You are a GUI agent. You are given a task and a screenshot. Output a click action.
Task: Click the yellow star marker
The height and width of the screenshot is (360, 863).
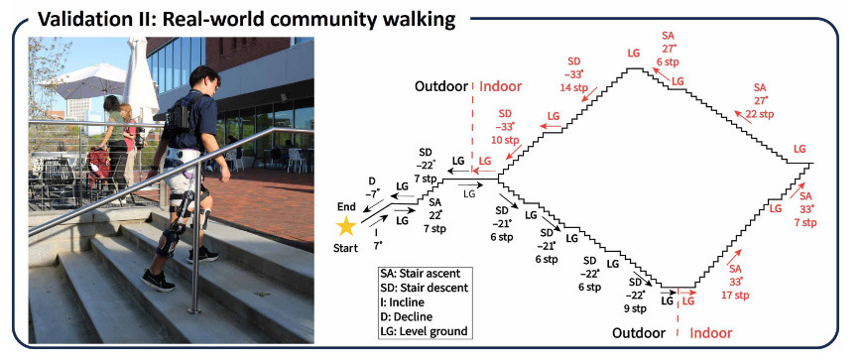click(346, 226)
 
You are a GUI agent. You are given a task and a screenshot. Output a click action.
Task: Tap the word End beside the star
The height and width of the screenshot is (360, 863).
click(345, 208)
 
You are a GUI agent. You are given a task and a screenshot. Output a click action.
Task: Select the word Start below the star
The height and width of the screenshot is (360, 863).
click(345, 248)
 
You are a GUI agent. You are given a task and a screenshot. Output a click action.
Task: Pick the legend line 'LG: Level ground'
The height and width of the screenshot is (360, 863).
click(424, 331)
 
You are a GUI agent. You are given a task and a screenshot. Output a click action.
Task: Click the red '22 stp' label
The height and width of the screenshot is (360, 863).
click(760, 114)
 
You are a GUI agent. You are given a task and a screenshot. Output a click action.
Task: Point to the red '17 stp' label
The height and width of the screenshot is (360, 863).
click(736, 296)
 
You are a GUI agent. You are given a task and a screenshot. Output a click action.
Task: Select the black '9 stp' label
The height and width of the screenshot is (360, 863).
click(635, 308)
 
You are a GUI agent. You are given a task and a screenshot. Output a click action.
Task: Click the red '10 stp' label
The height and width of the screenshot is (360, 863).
click(505, 140)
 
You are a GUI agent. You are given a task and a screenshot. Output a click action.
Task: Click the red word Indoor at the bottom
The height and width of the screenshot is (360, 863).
click(711, 333)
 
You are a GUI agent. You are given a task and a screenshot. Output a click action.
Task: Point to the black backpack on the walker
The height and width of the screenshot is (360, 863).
click(180, 117)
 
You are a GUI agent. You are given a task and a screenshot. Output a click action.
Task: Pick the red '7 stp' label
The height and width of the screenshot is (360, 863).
click(805, 222)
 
